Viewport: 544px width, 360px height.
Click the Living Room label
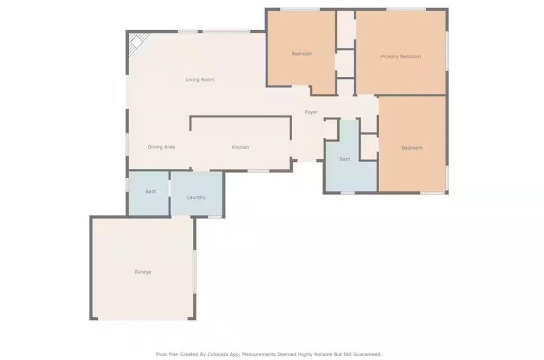click(x=200, y=80)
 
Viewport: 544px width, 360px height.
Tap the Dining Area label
click(x=162, y=147)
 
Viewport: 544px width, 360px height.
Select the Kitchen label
click(x=240, y=147)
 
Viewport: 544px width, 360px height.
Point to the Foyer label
click(x=311, y=112)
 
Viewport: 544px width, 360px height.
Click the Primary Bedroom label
click(x=401, y=57)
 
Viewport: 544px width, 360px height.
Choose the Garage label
click(x=143, y=272)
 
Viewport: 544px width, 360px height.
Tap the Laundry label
click(x=196, y=197)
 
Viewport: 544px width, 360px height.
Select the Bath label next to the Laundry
click(x=151, y=192)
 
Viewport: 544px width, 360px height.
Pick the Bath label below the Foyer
click(x=345, y=159)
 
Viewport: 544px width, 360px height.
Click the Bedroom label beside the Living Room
click(x=302, y=54)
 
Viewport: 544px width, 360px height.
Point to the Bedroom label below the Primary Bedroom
click(x=412, y=148)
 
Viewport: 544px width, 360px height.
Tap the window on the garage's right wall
click(x=194, y=272)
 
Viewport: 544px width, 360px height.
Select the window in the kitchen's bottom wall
click(x=258, y=171)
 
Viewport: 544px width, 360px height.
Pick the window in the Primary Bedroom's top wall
click(x=406, y=9)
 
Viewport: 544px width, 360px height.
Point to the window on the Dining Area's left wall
click(x=127, y=144)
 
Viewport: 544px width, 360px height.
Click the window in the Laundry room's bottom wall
click(x=215, y=217)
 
